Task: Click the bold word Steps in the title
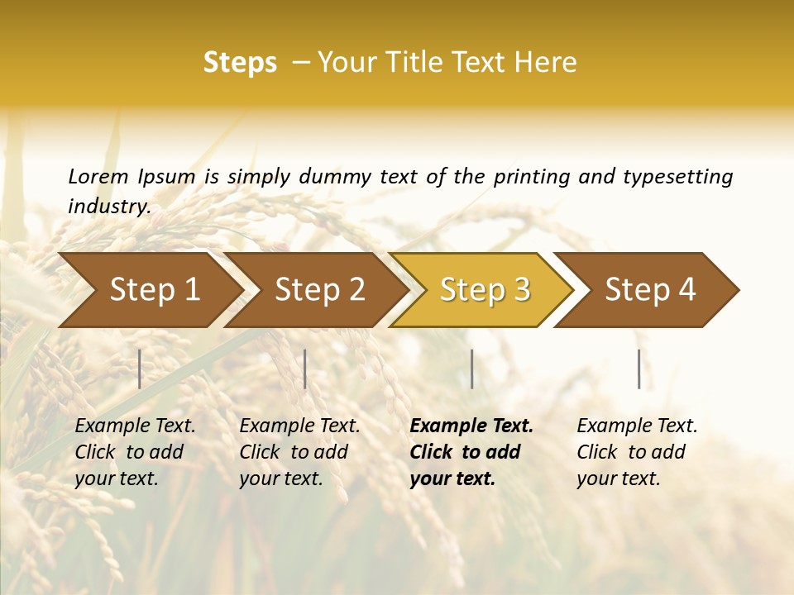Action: pos(240,63)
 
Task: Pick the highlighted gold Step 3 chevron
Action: pos(485,290)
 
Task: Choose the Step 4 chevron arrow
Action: pos(650,290)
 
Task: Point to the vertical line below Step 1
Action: pos(140,369)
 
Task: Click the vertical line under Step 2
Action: pos(305,369)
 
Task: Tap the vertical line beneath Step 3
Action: pos(471,369)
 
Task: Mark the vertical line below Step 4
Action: pos(639,369)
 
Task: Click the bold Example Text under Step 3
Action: pos(471,426)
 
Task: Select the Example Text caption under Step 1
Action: pos(135,426)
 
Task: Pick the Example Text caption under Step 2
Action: pos(299,426)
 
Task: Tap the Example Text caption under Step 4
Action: pos(637,426)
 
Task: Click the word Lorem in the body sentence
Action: pos(98,177)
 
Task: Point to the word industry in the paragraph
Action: pos(108,207)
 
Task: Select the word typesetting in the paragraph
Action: pos(677,177)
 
